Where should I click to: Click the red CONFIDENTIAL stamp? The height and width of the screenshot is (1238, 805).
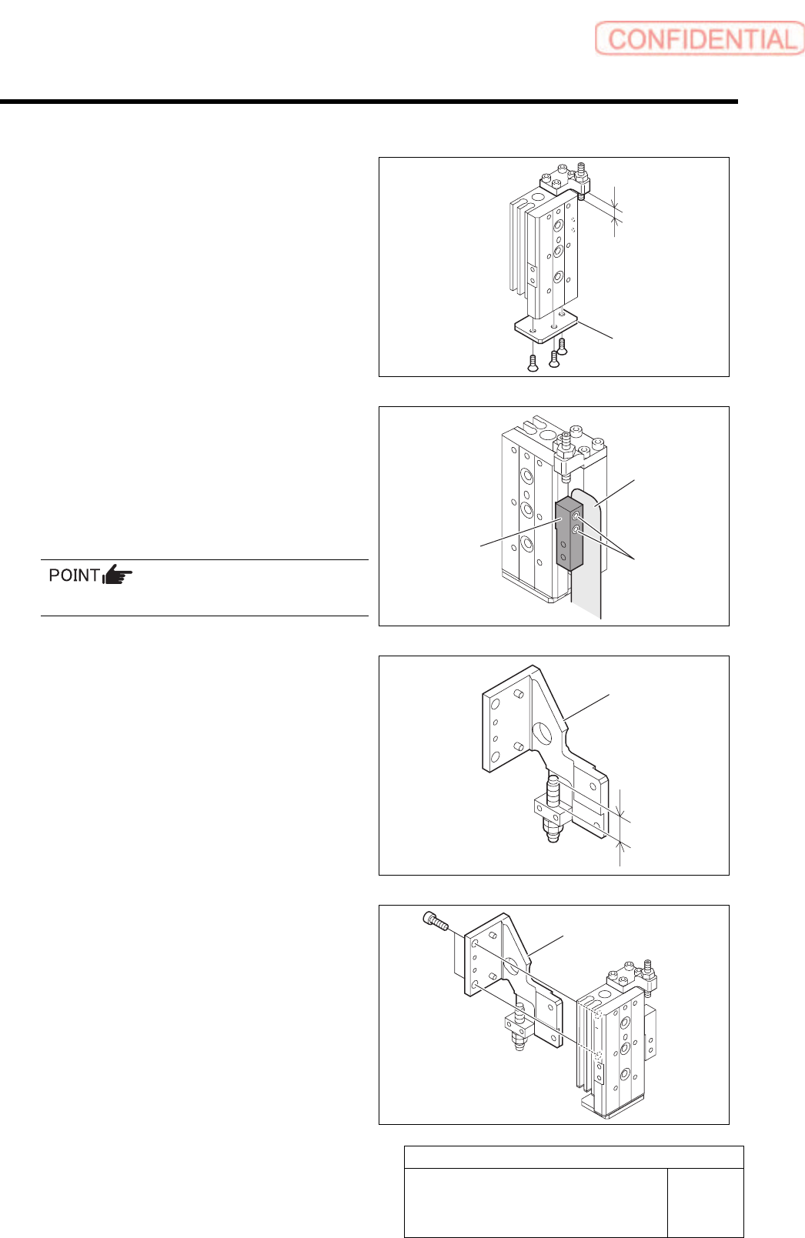click(699, 38)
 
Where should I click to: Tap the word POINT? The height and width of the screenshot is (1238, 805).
click(74, 576)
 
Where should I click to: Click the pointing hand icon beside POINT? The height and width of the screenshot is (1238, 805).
click(118, 575)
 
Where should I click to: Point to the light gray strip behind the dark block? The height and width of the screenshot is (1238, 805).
click(589, 585)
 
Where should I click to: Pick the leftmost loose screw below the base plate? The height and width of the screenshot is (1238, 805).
click(532, 362)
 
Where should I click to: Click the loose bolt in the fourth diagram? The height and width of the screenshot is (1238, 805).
click(436, 919)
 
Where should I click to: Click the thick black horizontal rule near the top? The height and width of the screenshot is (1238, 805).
click(369, 102)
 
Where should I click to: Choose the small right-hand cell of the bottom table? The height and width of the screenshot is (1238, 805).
click(705, 1203)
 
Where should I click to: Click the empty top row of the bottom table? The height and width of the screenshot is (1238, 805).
click(574, 1157)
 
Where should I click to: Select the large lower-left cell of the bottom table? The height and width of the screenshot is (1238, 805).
click(536, 1203)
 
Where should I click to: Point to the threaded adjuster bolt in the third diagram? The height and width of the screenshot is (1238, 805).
click(553, 808)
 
